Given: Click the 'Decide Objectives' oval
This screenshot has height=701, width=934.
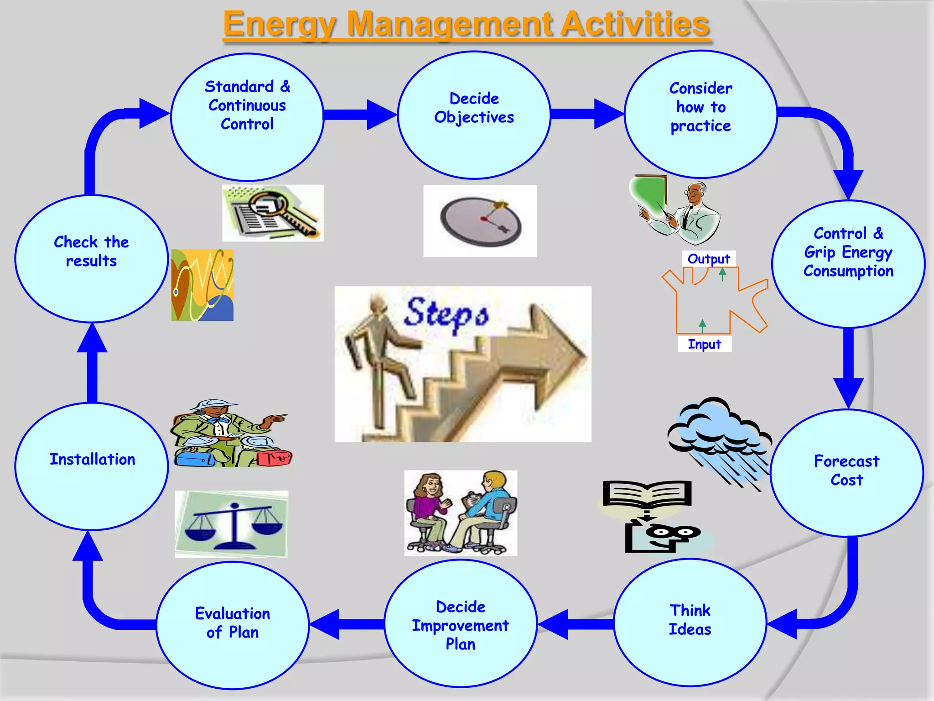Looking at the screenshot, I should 474,115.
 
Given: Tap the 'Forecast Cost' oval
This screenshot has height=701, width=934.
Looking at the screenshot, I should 847,472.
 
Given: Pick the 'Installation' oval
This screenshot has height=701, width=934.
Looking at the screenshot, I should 92,466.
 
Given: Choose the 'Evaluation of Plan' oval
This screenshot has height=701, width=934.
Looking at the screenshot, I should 233,625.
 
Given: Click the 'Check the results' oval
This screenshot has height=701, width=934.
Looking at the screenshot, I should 92,258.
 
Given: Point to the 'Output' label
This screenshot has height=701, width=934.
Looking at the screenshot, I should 709,259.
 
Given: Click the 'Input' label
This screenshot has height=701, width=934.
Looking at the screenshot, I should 704,344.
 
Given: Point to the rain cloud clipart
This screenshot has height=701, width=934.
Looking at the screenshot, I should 718,438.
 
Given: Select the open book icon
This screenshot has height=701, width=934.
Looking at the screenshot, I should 647,495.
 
